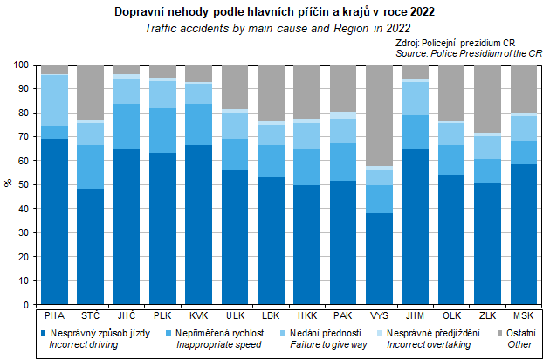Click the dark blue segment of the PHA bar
click(54, 223)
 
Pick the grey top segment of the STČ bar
click(90, 92)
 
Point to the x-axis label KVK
click(198, 315)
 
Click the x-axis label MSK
click(522, 315)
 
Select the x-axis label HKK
click(306, 315)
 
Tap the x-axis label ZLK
click(486, 315)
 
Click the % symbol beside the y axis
click(8, 184)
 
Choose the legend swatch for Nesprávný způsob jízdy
click(43, 333)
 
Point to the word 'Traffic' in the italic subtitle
click(162, 29)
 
